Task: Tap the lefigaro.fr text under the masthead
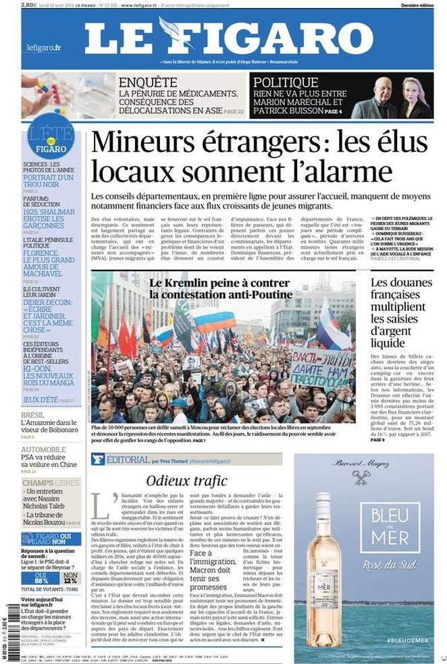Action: click(44, 47)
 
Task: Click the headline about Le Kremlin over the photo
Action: click(221, 288)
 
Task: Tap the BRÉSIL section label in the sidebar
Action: click(33, 415)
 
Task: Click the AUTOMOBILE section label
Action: click(43, 449)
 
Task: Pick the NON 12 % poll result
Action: click(69, 576)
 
